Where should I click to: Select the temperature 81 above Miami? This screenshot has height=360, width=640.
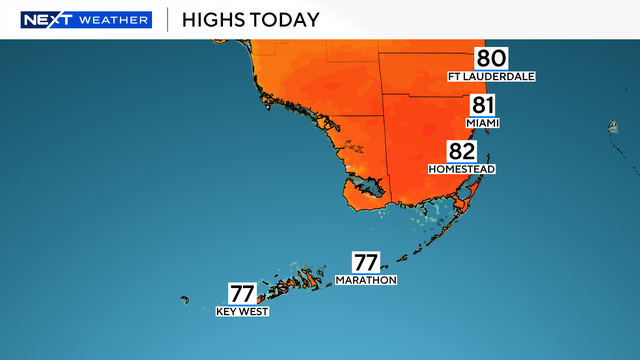coord(482,106)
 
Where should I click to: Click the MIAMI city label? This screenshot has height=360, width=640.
coord(482,123)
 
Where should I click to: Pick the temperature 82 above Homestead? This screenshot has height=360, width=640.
coord(461,152)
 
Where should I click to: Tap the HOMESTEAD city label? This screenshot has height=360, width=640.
coord(461,169)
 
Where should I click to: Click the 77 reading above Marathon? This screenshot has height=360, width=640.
coord(366,263)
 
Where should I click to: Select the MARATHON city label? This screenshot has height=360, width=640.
coord(366,280)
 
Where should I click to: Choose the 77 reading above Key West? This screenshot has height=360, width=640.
coord(242,294)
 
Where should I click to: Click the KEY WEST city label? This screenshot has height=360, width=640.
coord(242,311)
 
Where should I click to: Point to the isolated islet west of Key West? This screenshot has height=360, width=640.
coord(185,299)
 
